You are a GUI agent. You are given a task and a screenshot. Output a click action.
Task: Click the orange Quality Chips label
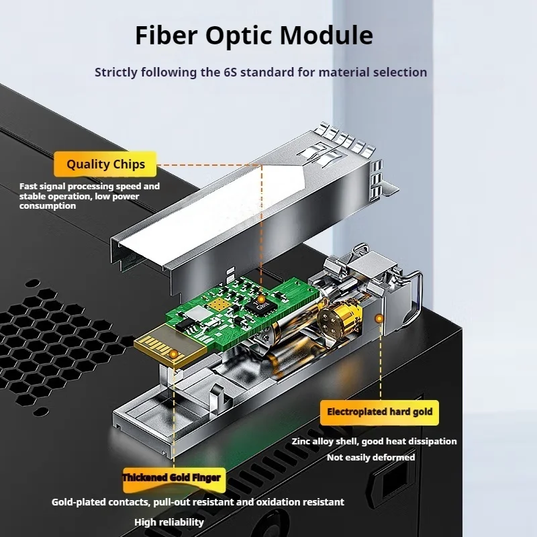(x=105, y=164)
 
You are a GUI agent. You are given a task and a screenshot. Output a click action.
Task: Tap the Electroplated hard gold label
(x=379, y=411)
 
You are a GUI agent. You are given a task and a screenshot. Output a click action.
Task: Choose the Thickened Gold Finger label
(x=171, y=477)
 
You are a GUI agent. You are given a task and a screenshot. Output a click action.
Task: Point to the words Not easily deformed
(x=371, y=457)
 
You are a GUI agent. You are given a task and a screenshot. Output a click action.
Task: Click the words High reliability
(x=169, y=522)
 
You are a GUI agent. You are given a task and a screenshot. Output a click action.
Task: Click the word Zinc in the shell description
(x=303, y=441)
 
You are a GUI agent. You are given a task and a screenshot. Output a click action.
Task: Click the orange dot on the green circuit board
(x=259, y=299)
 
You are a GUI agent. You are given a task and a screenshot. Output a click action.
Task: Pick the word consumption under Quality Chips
(x=48, y=206)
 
